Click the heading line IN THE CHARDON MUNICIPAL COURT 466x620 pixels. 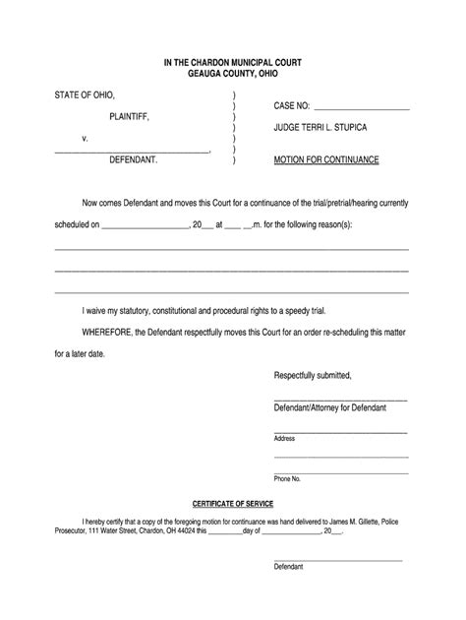click(233, 61)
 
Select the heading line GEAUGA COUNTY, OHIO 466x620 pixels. click(233, 73)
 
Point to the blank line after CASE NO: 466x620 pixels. click(359, 105)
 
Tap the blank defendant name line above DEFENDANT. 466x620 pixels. click(132, 150)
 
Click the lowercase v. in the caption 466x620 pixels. click(86, 138)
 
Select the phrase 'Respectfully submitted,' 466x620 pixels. click(313, 376)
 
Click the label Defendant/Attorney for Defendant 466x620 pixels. click(329, 407)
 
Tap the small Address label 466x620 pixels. click(284, 438)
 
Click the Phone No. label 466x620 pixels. click(288, 478)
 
